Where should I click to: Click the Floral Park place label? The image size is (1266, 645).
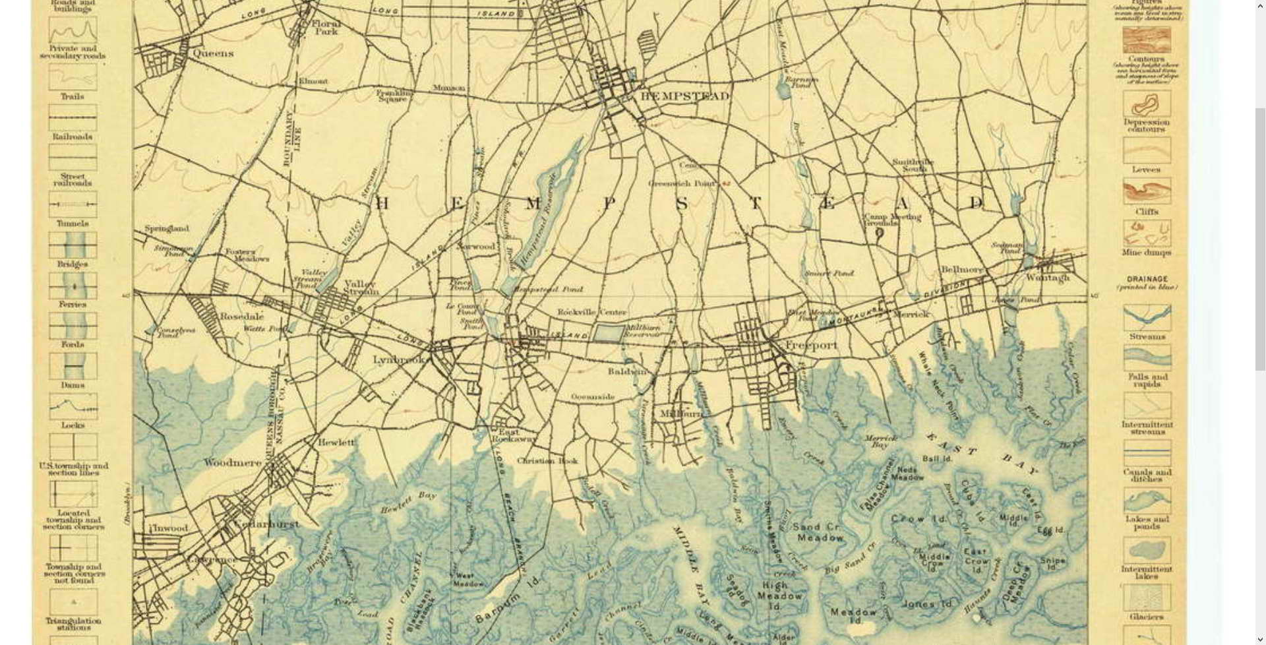[326, 28]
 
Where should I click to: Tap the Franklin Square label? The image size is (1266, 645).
[394, 96]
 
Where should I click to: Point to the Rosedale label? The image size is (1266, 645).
[241, 317]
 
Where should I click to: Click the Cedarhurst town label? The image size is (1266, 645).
[266, 524]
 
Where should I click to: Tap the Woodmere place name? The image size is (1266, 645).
[232, 463]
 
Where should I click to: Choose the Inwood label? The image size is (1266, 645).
[171, 528]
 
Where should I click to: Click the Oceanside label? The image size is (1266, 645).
[592, 397]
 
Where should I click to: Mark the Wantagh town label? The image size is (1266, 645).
[1048, 278]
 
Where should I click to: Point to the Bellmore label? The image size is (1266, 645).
[961, 270]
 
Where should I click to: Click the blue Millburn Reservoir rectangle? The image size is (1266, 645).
[608, 332]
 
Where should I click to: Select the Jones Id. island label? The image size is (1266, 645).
[927, 603]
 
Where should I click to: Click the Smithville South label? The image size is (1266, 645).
[913, 165]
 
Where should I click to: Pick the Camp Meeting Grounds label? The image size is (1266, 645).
[892, 220]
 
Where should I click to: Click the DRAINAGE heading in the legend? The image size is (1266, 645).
[1147, 279]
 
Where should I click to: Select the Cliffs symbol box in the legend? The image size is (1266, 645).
[1147, 191]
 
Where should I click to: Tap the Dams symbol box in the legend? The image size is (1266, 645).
[73, 366]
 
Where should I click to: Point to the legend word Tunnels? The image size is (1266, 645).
[73, 224]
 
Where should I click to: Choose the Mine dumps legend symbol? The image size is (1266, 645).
[1147, 233]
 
